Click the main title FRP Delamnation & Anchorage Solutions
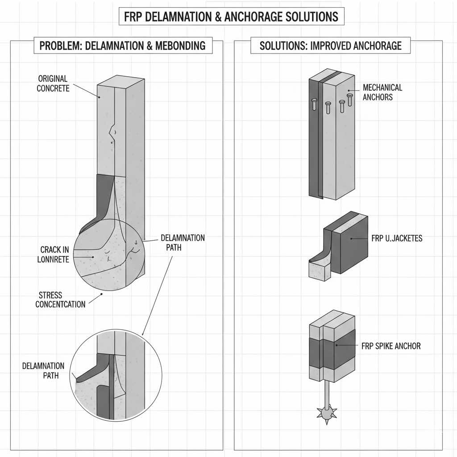point(231,17)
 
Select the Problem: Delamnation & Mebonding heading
point(122,46)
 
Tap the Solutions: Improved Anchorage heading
point(330,46)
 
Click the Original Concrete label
point(53,84)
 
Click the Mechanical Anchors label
point(382,92)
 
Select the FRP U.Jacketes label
point(397,238)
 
